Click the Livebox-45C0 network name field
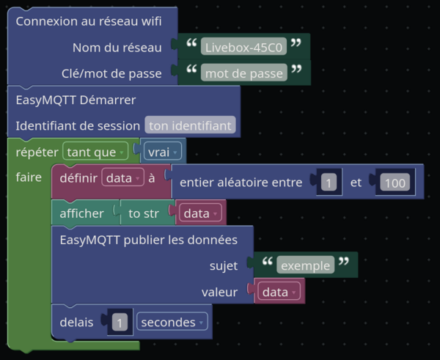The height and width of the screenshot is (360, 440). coord(243,46)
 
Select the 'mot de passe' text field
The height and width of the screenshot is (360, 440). coord(244,73)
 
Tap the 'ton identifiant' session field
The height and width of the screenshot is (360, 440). coord(190,125)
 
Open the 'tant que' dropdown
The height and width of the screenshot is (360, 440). coord(95,151)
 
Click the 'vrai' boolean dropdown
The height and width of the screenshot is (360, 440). coord(163,152)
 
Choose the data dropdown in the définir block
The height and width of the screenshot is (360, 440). coord(123,177)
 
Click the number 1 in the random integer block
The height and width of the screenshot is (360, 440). coord(329,182)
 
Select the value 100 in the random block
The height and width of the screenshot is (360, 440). coord(395,182)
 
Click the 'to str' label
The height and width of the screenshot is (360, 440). coord(144,213)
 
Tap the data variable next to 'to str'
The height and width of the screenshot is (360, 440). coord(200,213)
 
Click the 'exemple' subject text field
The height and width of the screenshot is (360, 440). coord(305,265)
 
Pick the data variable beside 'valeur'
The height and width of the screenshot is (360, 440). coord(279,291)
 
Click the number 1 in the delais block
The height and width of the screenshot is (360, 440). coord(120,322)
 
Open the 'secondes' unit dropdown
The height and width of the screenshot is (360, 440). coord(172,321)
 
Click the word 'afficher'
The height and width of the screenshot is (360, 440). coord(81,213)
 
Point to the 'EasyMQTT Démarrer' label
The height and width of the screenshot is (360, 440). coord(76,100)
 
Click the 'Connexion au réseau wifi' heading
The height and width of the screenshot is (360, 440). coord(89,21)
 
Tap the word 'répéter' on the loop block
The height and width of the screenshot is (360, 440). coord(37,152)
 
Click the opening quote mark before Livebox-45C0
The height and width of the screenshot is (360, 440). coord(191,43)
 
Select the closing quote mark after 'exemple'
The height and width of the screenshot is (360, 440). coord(343,261)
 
